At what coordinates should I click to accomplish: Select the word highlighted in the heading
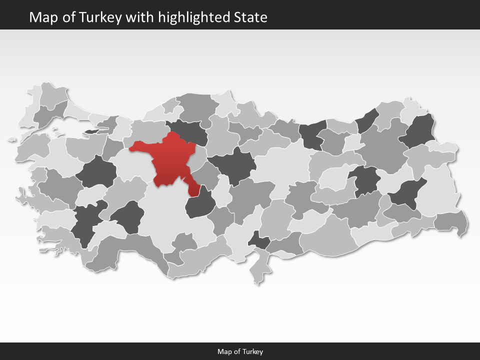(x=194, y=17)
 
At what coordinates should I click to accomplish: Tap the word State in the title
(x=250, y=17)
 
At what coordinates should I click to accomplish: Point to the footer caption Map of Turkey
(x=240, y=351)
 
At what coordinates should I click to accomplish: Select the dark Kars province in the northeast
(x=420, y=131)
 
